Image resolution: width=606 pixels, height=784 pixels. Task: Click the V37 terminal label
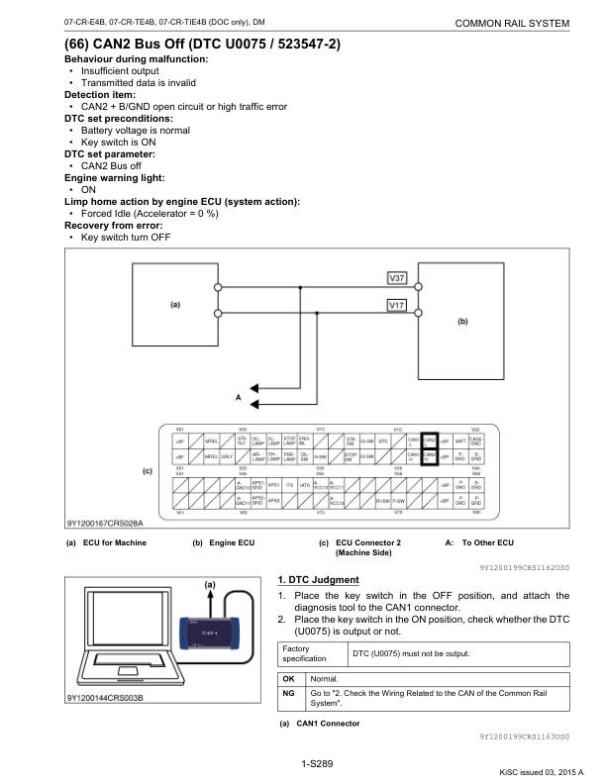pyautogui.click(x=394, y=277)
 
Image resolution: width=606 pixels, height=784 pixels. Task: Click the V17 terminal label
pyautogui.click(x=394, y=305)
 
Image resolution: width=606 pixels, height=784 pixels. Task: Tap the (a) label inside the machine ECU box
pyautogui.click(x=174, y=305)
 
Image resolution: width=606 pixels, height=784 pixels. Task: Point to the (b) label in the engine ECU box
pyautogui.click(x=461, y=321)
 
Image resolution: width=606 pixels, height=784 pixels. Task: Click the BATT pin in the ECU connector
pyautogui.click(x=459, y=441)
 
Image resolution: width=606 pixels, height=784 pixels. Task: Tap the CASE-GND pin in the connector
pyautogui.click(x=475, y=441)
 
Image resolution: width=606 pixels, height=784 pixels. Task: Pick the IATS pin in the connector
pyautogui.click(x=305, y=485)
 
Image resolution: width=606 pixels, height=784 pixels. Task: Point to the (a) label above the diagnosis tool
pyautogui.click(x=210, y=584)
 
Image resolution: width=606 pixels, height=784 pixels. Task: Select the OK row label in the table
pyautogui.click(x=288, y=680)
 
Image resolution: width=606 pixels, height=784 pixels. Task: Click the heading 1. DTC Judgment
pyautogui.click(x=318, y=579)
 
